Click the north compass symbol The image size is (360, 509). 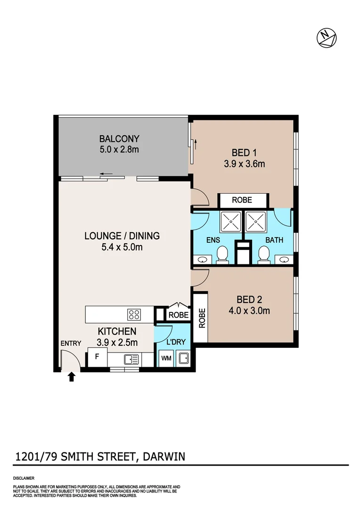(x=326, y=37)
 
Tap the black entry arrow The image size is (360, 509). (x=72, y=376)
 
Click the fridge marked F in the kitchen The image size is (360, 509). (x=97, y=357)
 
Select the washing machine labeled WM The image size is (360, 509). (x=166, y=359)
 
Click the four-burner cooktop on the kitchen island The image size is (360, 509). (x=134, y=313)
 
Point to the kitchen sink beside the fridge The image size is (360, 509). (x=131, y=360)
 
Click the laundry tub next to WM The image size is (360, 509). (x=183, y=359)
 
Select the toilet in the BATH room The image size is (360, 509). (x=264, y=254)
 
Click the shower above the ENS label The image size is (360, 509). (x=230, y=221)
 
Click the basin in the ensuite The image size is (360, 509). (x=203, y=259)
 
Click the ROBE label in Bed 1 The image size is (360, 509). (x=242, y=200)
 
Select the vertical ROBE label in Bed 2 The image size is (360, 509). (x=201, y=318)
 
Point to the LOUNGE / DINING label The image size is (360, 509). (x=122, y=236)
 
